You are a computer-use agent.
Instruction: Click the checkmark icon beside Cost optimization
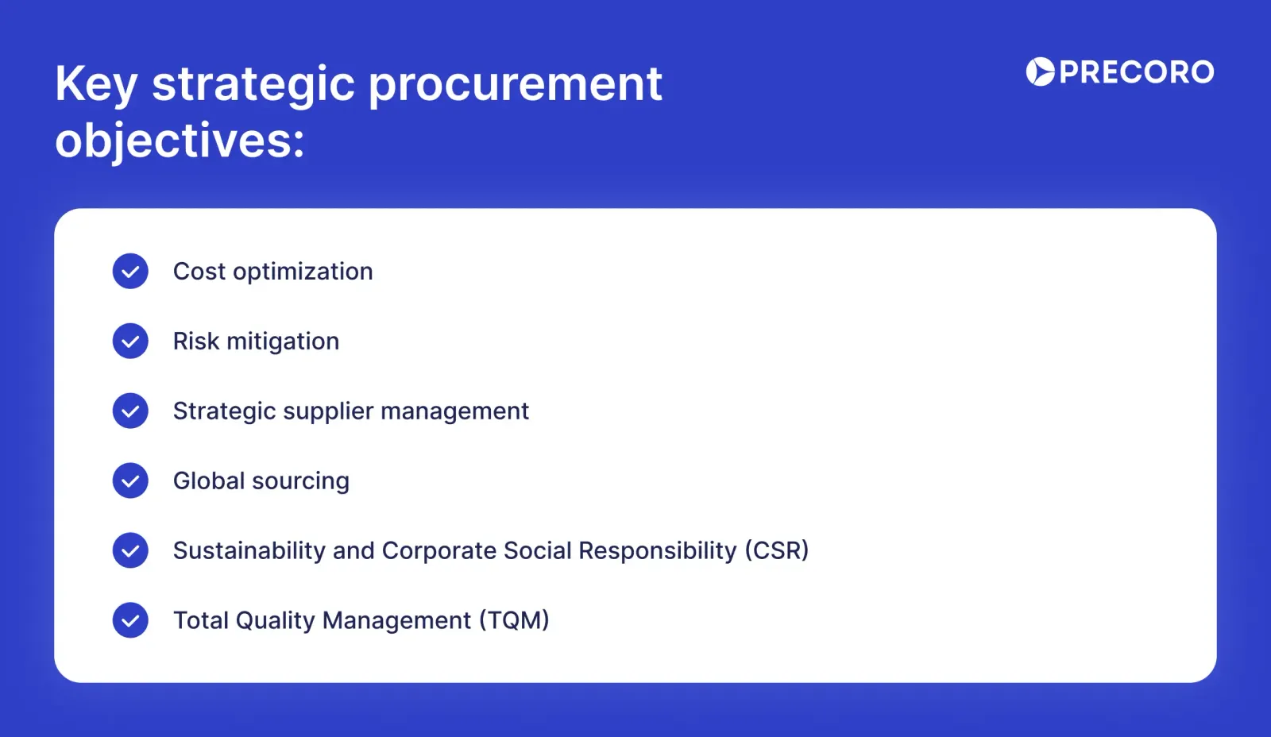click(x=130, y=272)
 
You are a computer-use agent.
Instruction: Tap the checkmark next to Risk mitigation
click(x=130, y=341)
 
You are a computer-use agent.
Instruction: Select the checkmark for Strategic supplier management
click(x=130, y=411)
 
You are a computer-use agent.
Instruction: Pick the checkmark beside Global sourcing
click(x=130, y=481)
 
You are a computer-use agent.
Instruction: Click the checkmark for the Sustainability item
click(x=130, y=550)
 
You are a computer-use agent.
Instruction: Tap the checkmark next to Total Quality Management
click(x=130, y=620)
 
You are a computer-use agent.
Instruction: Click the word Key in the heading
click(x=96, y=84)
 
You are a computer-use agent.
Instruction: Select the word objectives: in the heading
click(x=180, y=141)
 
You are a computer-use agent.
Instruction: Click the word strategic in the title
click(x=253, y=84)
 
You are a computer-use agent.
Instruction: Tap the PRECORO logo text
click(x=1136, y=72)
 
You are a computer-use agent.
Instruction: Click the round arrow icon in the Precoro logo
click(x=1040, y=72)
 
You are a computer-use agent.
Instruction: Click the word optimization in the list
click(x=303, y=272)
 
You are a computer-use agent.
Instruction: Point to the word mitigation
click(x=283, y=341)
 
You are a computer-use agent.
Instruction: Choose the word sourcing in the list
click(x=300, y=482)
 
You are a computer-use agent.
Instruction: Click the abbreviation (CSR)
click(x=776, y=550)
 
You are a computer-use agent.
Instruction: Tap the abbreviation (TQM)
click(x=514, y=620)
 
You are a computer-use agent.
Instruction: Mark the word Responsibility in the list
click(x=657, y=551)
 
